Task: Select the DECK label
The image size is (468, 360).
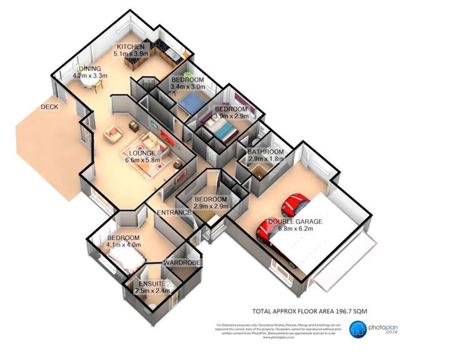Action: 49,107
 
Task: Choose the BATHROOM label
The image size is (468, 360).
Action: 266,152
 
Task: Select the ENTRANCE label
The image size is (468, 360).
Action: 174,212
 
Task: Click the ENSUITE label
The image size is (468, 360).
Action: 149,284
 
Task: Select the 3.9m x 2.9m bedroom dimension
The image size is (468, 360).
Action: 231,116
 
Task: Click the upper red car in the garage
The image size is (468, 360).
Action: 294,204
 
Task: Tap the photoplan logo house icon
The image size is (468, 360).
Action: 358,329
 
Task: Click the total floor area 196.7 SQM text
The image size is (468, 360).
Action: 301,310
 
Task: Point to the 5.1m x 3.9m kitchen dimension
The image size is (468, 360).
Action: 131,54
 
